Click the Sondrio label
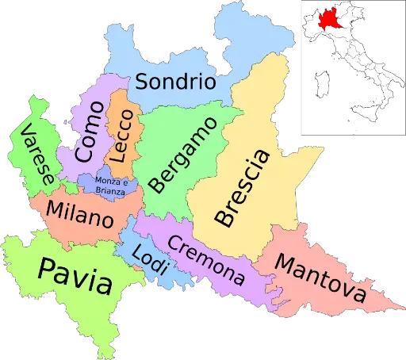[x=174, y=81]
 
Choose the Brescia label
[x=243, y=186]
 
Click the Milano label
[x=80, y=213]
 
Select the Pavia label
[x=74, y=274]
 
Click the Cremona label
[x=205, y=261]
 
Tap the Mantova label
[x=321, y=281]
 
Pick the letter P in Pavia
[x=47, y=270]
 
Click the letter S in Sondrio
[x=141, y=82]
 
